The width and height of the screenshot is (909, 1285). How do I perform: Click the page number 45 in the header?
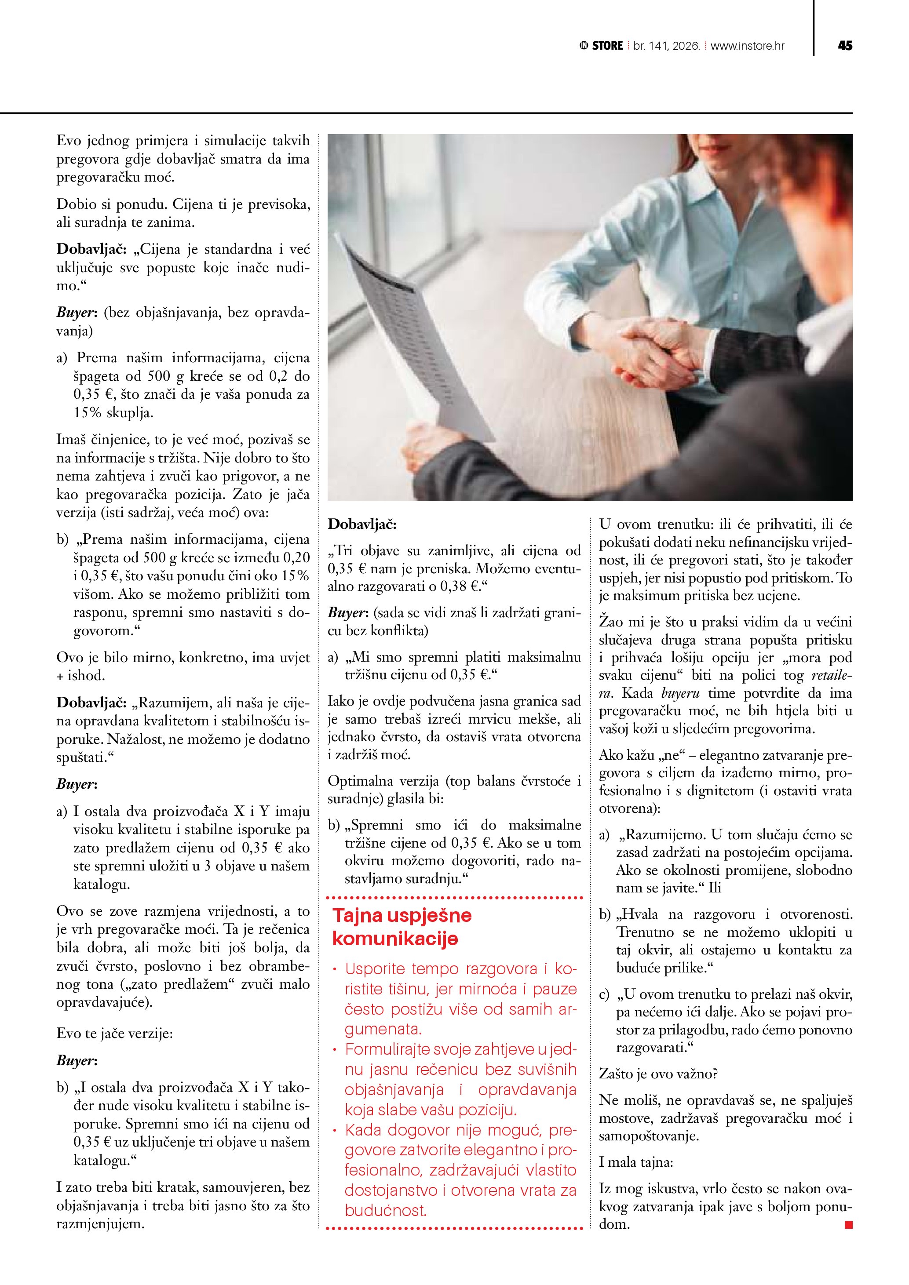pyautogui.click(x=845, y=46)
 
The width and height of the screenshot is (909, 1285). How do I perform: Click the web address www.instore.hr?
pyautogui.click(x=747, y=46)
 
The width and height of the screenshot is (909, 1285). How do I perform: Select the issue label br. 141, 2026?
pyautogui.click(x=667, y=46)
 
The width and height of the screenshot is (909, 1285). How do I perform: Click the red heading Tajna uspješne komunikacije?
pyautogui.click(x=402, y=927)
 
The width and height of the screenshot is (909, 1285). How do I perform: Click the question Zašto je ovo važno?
pyautogui.click(x=658, y=1074)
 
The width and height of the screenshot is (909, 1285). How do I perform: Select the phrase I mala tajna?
pyautogui.click(x=636, y=1162)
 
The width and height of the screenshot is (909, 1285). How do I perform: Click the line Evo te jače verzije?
pyautogui.click(x=115, y=1033)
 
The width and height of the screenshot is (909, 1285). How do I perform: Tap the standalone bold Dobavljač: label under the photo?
pyautogui.click(x=362, y=524)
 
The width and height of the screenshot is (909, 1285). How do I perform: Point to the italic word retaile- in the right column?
pyautogui.click(x=832, y=676)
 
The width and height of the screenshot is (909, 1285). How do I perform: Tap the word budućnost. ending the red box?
pyautogui.click(x=386, y=1211)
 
